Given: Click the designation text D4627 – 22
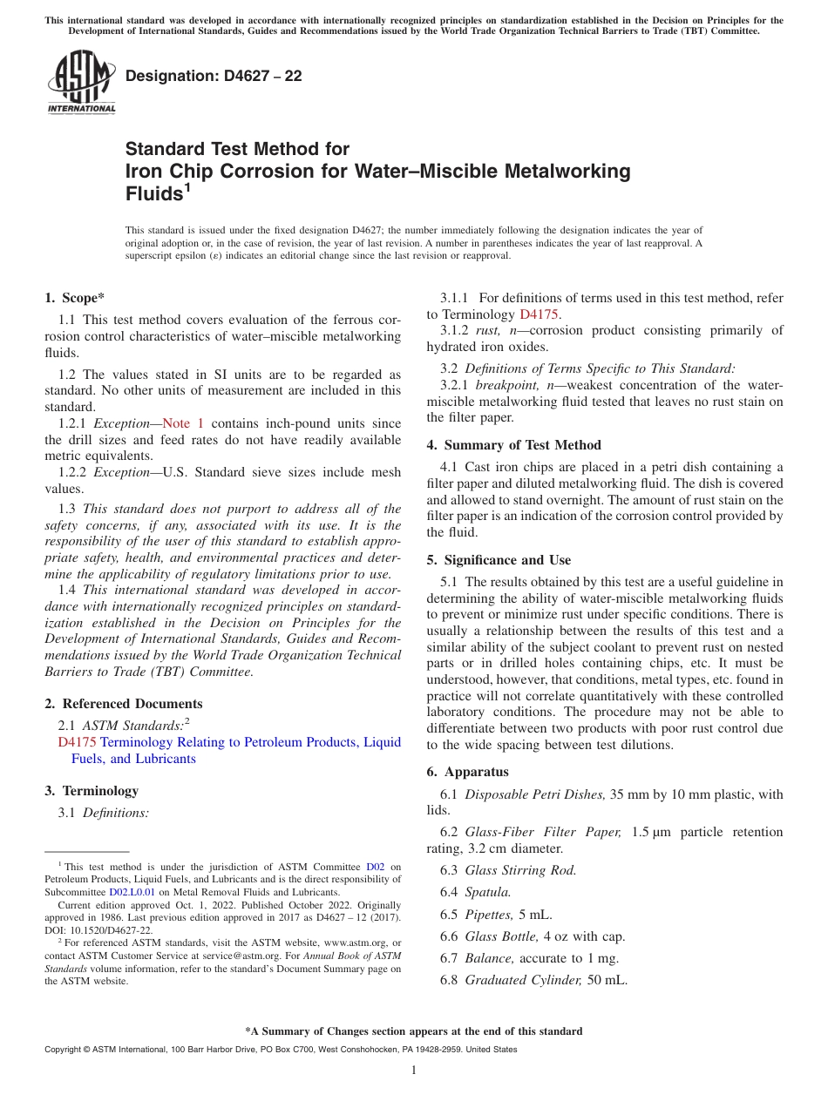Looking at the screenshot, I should pos(214,76).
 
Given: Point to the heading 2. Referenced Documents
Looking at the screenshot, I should pos(123,704).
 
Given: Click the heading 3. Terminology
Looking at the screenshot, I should pos(92,791).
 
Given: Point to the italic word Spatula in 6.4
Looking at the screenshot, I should pos(487,892).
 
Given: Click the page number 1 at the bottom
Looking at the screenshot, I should pos(414,1071).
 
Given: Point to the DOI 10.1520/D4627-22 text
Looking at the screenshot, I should pos(109,930).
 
